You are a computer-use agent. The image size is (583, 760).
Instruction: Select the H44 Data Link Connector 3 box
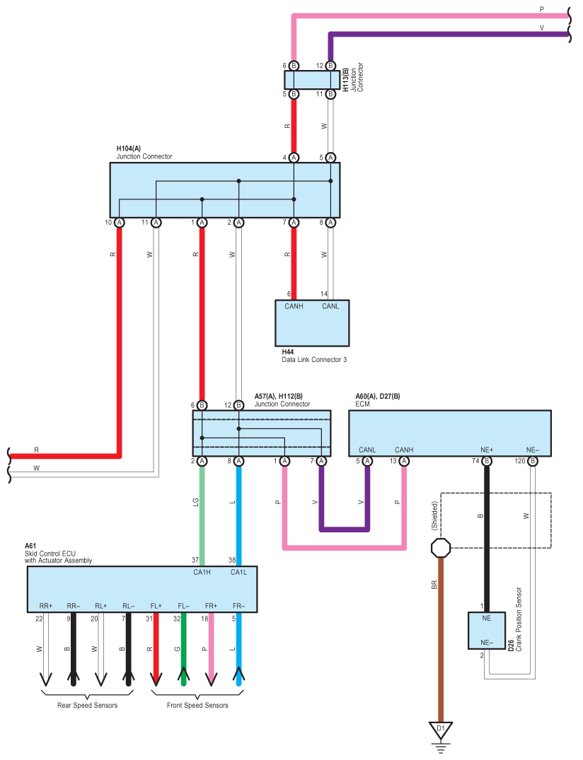312,323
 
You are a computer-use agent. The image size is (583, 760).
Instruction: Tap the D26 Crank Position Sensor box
487,631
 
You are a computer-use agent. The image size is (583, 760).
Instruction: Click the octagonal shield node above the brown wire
440,548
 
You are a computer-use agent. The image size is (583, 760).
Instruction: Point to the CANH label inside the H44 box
294,306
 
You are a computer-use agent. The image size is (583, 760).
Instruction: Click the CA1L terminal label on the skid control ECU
238,573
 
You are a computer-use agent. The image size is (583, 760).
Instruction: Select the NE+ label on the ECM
487,450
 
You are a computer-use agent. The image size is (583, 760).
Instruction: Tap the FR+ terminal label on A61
211,606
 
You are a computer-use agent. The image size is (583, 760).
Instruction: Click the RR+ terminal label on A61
45,606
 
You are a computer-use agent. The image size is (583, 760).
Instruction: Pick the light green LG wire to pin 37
202,516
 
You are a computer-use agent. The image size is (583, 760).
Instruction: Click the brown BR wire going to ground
440,640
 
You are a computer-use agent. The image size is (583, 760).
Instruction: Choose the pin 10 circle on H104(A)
119,223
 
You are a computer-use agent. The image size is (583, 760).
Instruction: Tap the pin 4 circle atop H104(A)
294,158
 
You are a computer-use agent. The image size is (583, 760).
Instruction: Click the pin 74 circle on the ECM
487,461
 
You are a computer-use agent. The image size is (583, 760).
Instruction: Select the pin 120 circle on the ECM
533,461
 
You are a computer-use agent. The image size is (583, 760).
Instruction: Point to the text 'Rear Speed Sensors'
87,706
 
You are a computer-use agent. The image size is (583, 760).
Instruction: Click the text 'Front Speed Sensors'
197,706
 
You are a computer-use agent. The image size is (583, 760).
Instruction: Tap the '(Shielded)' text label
434,515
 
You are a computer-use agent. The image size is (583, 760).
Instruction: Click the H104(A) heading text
129,148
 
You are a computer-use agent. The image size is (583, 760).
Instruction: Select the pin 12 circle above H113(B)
330,66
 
